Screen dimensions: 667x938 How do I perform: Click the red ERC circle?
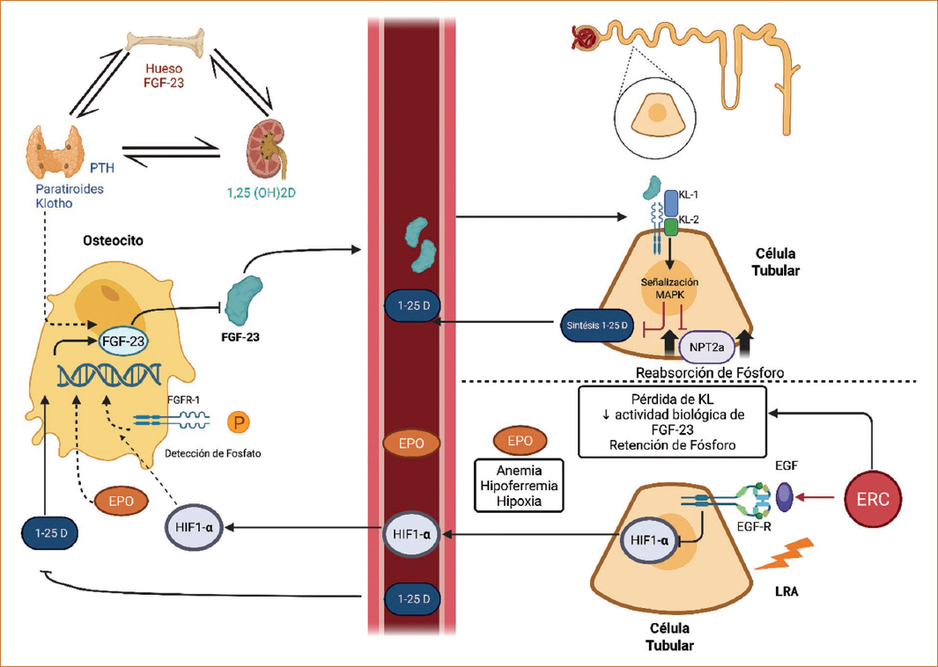point(873,497)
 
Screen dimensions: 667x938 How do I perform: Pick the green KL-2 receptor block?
point(671,228)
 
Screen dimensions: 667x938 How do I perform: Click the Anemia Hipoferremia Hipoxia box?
point(519,485)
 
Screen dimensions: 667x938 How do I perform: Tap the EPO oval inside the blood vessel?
point(411,443)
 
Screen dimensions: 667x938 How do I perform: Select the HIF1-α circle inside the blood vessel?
point(412,534)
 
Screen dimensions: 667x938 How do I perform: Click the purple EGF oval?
point(784,496)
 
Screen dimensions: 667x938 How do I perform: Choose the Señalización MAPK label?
point(670,288)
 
